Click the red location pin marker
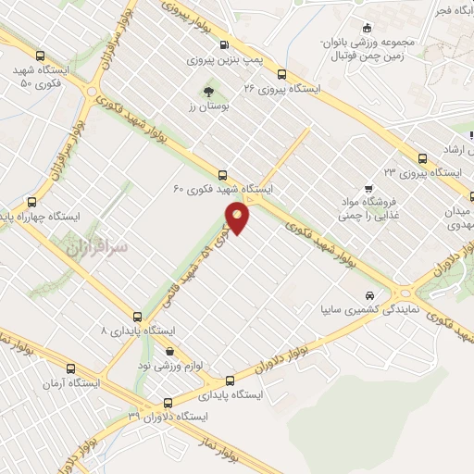point(239,218)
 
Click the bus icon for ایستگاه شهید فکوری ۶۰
point(221,174)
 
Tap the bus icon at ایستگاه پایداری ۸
point(138,317)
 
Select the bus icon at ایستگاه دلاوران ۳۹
point(168,402)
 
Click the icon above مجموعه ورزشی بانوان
point(368,28)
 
